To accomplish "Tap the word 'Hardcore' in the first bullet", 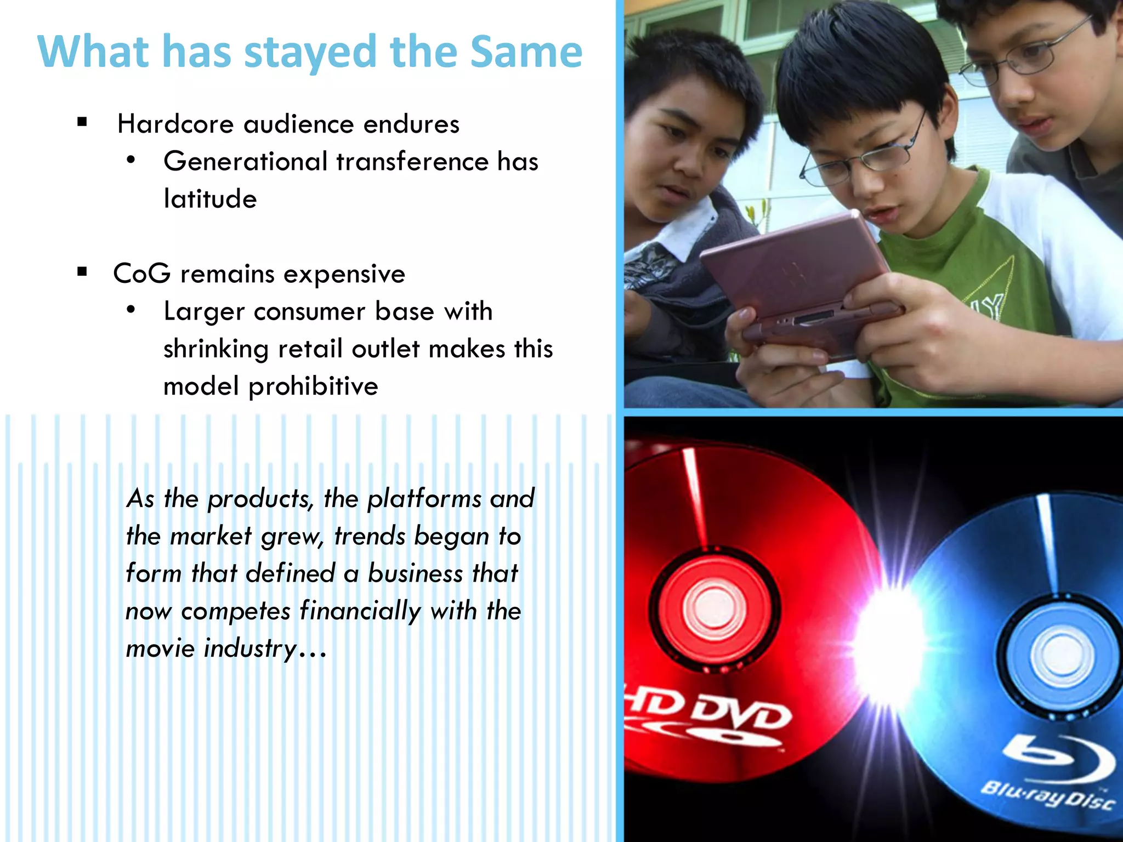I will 175,124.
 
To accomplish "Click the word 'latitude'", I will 210,198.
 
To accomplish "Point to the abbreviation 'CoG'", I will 141,274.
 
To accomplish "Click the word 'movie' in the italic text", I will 160,648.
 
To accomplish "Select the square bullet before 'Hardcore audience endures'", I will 82,122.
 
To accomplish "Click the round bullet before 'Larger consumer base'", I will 131,310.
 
